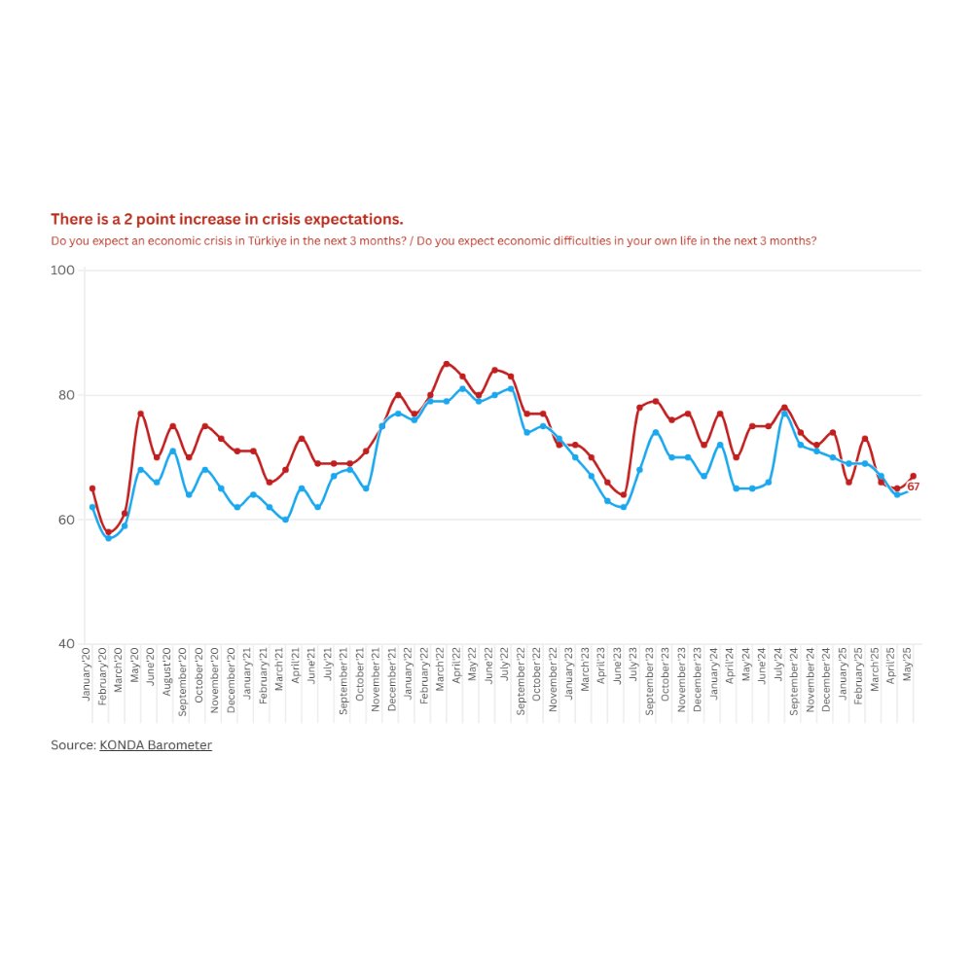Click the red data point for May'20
click(x=140, y=414)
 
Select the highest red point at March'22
click(x=446, y=364)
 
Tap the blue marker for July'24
click(x=784, y=414)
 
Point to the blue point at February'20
click(x=108, y=538)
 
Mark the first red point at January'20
click(x=92, y=488)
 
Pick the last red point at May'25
click(x=913, y=476)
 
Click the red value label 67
click(x=914, y=486)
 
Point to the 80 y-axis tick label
click(x=65, y=395)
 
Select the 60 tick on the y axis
click(x=65, y=520)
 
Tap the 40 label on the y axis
click(x=65, y=644)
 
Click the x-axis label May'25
click(x=909, y=668)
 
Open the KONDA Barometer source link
click(x=156, y=745)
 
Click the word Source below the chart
click(x=72, y=745)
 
